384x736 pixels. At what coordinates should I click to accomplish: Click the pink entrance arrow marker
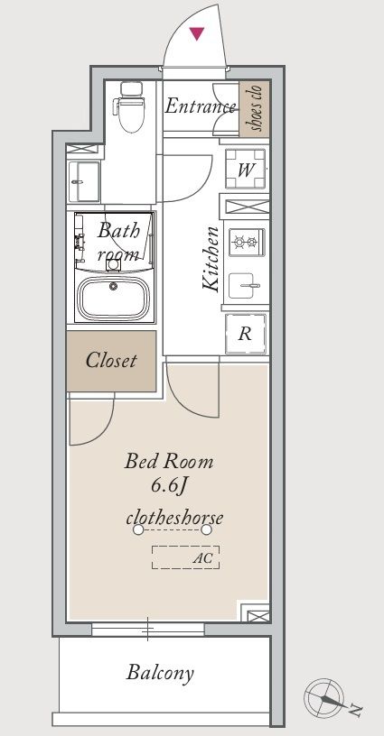(197, 33)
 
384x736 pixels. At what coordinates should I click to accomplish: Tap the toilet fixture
(130, 106)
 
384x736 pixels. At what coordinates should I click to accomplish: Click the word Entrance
(200, 106)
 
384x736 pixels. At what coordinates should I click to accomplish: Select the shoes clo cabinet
(254, 109)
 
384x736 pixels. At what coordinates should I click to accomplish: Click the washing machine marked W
(246, 169)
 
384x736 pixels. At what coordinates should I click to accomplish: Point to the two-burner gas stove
(247, 243)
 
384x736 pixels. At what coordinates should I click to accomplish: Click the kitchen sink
(242, 285)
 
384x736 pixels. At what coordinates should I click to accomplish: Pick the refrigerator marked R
(246, 335)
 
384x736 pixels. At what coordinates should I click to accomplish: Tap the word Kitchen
(211, 259)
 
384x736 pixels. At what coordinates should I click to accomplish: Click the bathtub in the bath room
(113, 298)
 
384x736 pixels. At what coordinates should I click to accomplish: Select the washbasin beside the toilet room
(84, 181)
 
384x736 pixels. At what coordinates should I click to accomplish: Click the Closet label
(111, 361)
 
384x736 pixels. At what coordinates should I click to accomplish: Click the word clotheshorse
(174, 519)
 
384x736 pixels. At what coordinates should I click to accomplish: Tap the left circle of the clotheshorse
(137, 530)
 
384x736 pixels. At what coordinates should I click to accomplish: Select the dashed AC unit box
(185, 557)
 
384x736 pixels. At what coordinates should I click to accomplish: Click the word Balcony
(160, 673)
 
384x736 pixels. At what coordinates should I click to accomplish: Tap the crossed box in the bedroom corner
(256, 613)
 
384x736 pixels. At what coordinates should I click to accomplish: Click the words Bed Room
(169, 462)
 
